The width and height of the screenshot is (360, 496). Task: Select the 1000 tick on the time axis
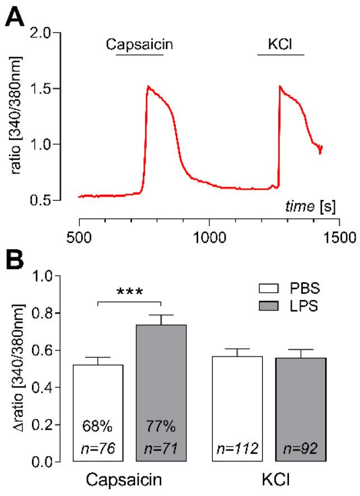coord(209,236)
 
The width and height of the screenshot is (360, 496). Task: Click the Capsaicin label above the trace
coord(139,44)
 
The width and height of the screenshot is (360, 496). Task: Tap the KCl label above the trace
coord(280,44)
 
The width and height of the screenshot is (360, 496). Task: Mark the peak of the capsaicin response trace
coord(148,87)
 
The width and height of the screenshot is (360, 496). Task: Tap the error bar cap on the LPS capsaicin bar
coord(161,315)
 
